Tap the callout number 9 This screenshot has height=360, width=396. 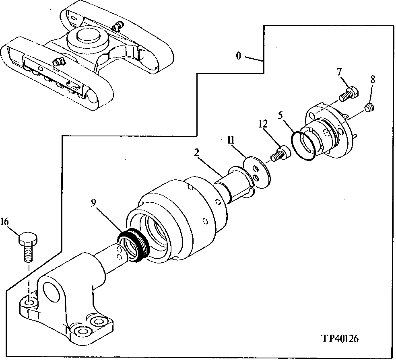[x=93, y=204]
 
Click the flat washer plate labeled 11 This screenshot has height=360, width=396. [x=257, y=172]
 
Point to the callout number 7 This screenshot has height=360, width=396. [x=339, y=72]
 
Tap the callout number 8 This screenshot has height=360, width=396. [x=372, y=80]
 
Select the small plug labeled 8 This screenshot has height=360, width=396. [x=369, y=107]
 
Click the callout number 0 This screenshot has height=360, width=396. [x=238, y=56]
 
